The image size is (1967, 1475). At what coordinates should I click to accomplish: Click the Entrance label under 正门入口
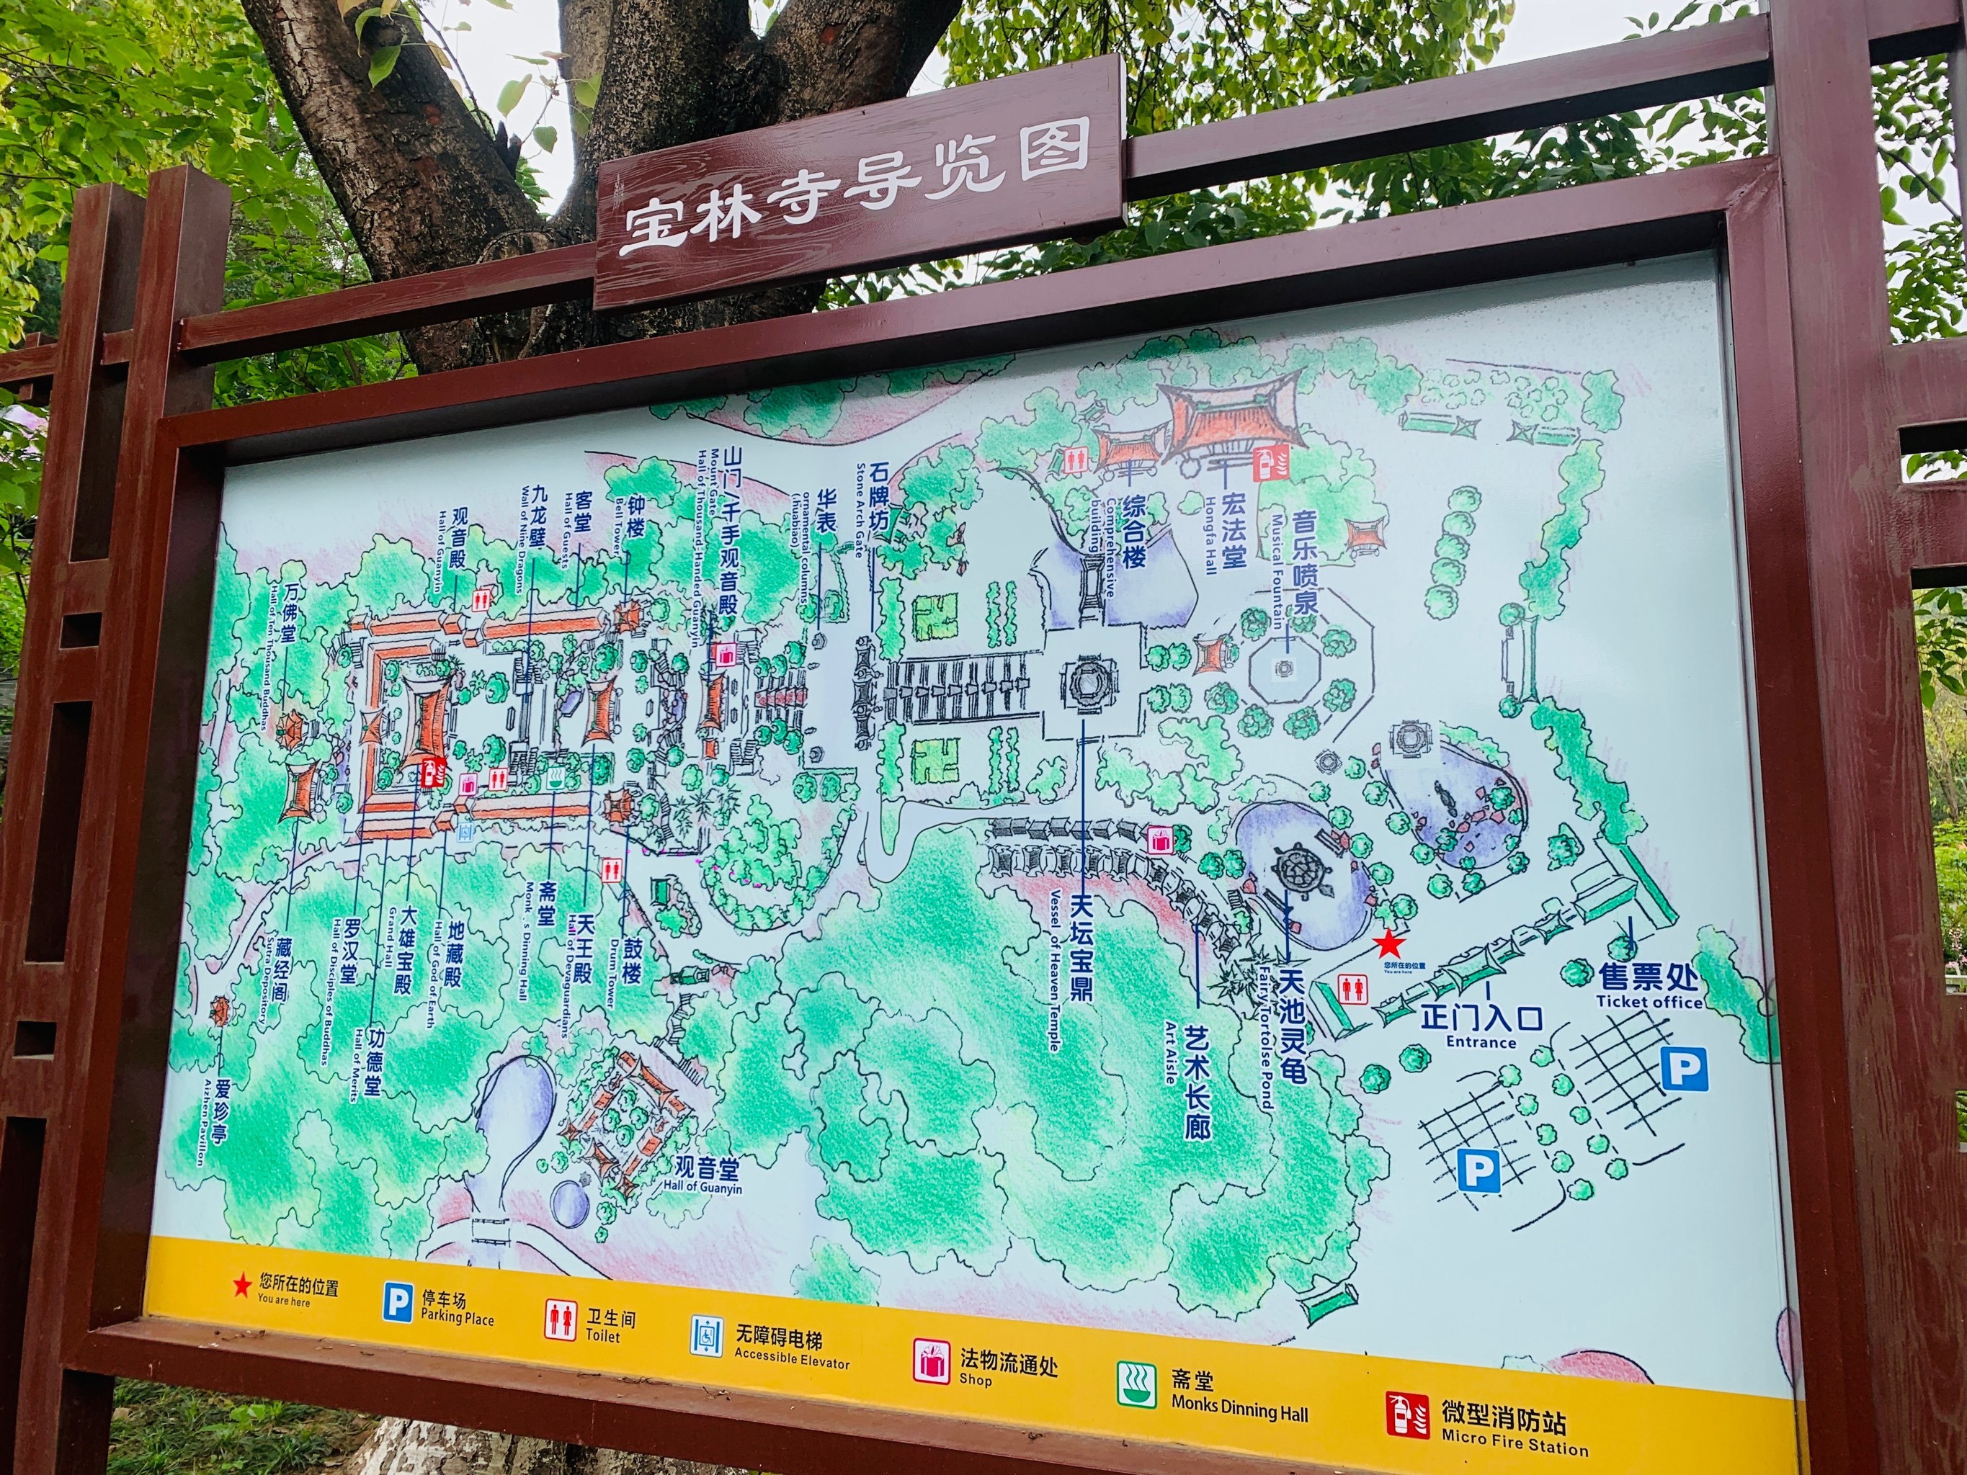tap(1480, 1042)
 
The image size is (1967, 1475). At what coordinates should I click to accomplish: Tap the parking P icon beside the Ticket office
tap(1685, 1069)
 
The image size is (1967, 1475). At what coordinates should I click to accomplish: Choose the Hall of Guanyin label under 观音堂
tap(702, 1188)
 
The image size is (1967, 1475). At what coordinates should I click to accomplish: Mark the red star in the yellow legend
tap(241, 1286)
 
